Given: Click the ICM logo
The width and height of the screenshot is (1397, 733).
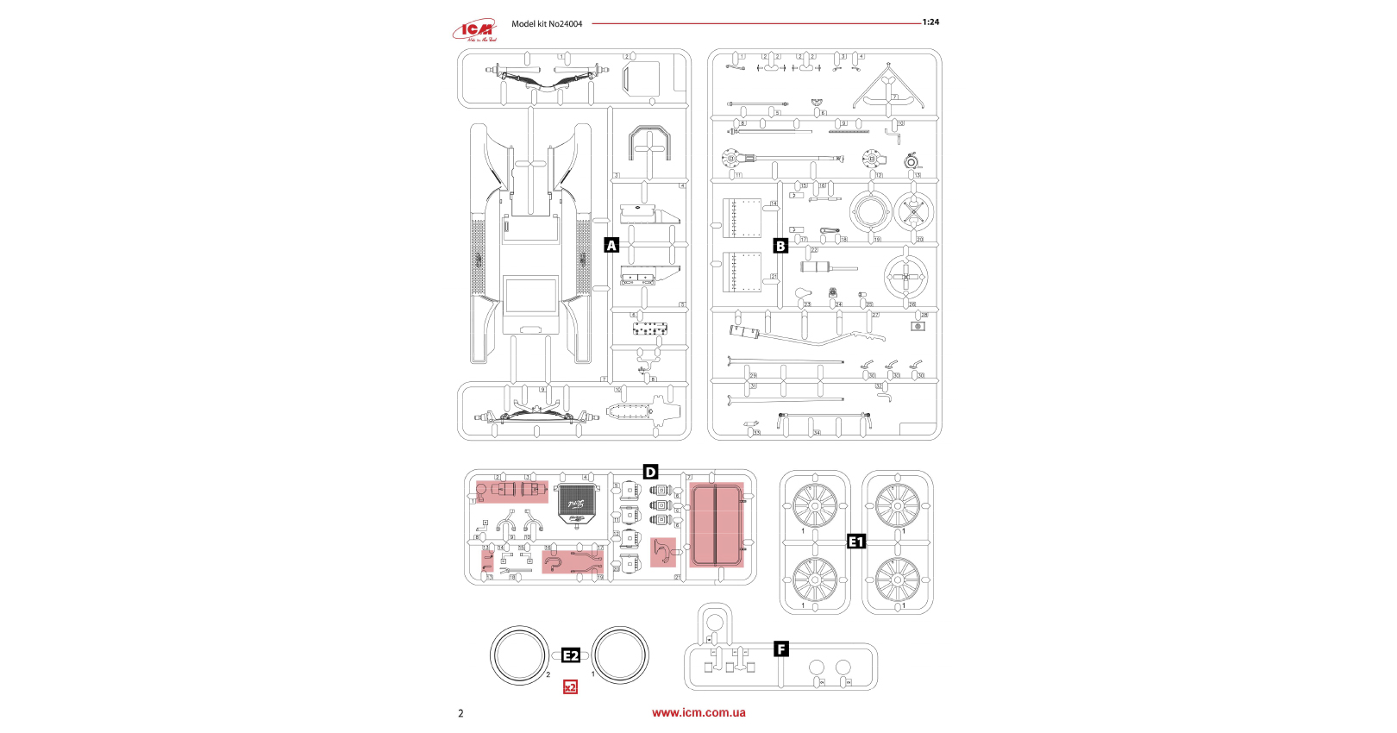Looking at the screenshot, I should point(475,30).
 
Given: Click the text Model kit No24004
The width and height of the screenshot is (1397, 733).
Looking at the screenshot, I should point(547,24).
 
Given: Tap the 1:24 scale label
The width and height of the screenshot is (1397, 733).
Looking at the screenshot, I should point(930,22).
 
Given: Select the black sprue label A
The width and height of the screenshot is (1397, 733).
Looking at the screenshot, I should point(611,246).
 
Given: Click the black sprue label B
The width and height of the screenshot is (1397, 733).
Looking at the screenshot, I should point(780,246).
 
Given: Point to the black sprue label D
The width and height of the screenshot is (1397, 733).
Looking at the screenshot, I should point(650,472).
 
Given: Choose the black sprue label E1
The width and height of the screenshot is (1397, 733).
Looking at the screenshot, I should point(855,542).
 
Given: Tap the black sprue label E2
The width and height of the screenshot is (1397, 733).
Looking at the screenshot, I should point(571,655).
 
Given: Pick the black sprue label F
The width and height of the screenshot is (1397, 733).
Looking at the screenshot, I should point(781,649).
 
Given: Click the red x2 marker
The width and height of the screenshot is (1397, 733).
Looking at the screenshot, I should point(570,687).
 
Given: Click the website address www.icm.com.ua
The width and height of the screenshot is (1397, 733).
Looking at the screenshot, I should point(698,712).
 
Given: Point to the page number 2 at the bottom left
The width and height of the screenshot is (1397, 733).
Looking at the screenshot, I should point(460,713).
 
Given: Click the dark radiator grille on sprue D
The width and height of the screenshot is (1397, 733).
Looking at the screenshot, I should point(577,504).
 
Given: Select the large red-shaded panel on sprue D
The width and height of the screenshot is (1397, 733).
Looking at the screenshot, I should point(716,523).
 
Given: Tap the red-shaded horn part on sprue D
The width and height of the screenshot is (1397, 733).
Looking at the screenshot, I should point(663,552).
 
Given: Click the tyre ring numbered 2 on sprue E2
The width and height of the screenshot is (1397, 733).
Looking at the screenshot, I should point(520,655).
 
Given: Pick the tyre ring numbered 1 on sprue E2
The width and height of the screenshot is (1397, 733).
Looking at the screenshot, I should point(620,655).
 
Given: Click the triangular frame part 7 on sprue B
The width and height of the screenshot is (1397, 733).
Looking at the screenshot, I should point(886,88).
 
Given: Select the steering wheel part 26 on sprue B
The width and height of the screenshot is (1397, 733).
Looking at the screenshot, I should point(905,277).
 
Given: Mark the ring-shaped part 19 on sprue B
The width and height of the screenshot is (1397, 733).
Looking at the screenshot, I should point(870,212).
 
